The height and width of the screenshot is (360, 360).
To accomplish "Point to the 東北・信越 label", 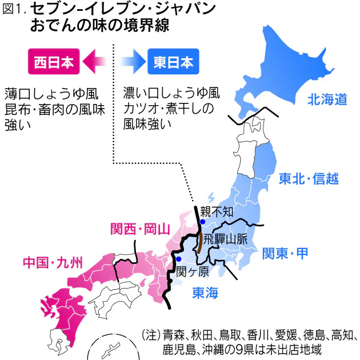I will pos(309,179).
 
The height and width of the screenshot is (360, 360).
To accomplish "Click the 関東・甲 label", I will pos(285,251).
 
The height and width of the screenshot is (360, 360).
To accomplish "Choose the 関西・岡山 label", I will pos(140,230).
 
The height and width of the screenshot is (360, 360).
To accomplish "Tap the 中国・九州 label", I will pos(53,263).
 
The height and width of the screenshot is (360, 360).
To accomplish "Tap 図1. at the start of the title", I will pos(15,10).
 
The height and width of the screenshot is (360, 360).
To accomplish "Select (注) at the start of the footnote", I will pos(151,334).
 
